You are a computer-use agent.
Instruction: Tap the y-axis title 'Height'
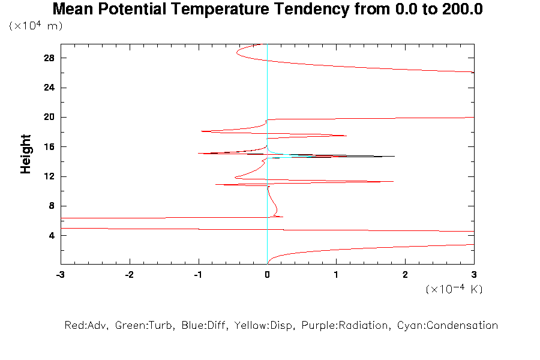click(25, 154)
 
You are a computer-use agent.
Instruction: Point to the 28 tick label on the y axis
click(49, 58)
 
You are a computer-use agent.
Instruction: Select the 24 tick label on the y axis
click(49, 88)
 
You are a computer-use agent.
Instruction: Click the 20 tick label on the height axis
click(49, 117)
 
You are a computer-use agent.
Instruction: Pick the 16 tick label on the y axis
click(49, 147)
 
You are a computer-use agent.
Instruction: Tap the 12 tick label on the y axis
click(49, 176)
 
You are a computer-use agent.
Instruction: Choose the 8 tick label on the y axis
click(52, 206)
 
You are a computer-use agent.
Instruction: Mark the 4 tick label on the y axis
click(52, 235)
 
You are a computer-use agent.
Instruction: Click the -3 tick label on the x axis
click(60, 274)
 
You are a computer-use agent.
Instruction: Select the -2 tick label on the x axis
click(129, 274)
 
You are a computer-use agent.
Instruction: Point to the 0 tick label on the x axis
click(267, 274)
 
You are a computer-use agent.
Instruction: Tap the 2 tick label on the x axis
click(405, 274)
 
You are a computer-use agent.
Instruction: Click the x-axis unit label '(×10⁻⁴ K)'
click(454, 289)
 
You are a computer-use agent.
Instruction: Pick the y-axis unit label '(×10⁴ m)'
click(36, 26)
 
